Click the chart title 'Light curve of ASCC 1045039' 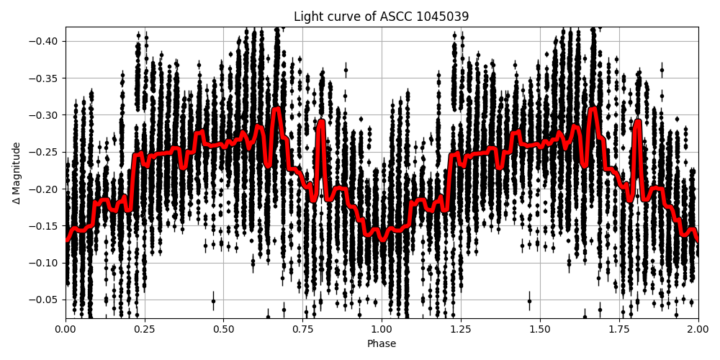coord(381,17)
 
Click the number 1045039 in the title coord(441,17)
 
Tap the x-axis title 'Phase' coord(381,344)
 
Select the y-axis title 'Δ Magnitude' coord(17,173)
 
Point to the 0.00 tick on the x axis coord(66,330)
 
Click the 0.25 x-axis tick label coord(145,330)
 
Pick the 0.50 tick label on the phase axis coord(223,330)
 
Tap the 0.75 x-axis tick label coord(302,330)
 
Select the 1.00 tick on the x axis coord(382,330)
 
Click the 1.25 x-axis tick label coord(461,330)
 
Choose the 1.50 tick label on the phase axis coord(540,330)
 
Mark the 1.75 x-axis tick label coord(619,330)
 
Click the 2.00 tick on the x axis coord(698,330)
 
